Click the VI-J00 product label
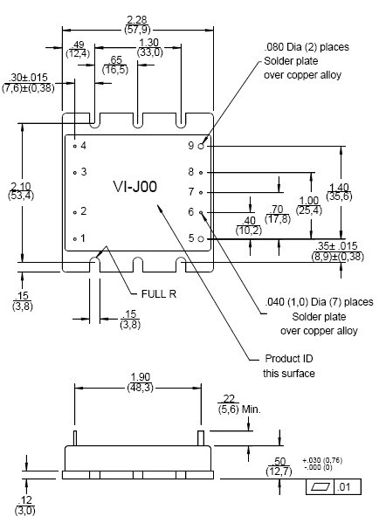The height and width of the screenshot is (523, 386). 135,187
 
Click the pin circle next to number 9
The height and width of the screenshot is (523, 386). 201,146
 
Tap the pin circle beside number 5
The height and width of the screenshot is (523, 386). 201,239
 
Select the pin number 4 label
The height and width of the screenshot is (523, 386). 83,146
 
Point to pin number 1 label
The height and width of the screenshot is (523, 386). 83,238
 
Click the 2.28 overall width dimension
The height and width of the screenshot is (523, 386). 137,20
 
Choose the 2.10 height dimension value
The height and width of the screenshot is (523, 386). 21,186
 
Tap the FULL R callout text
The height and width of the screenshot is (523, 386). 159,294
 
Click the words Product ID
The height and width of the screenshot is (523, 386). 289,359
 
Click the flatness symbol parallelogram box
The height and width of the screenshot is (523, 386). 321,487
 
